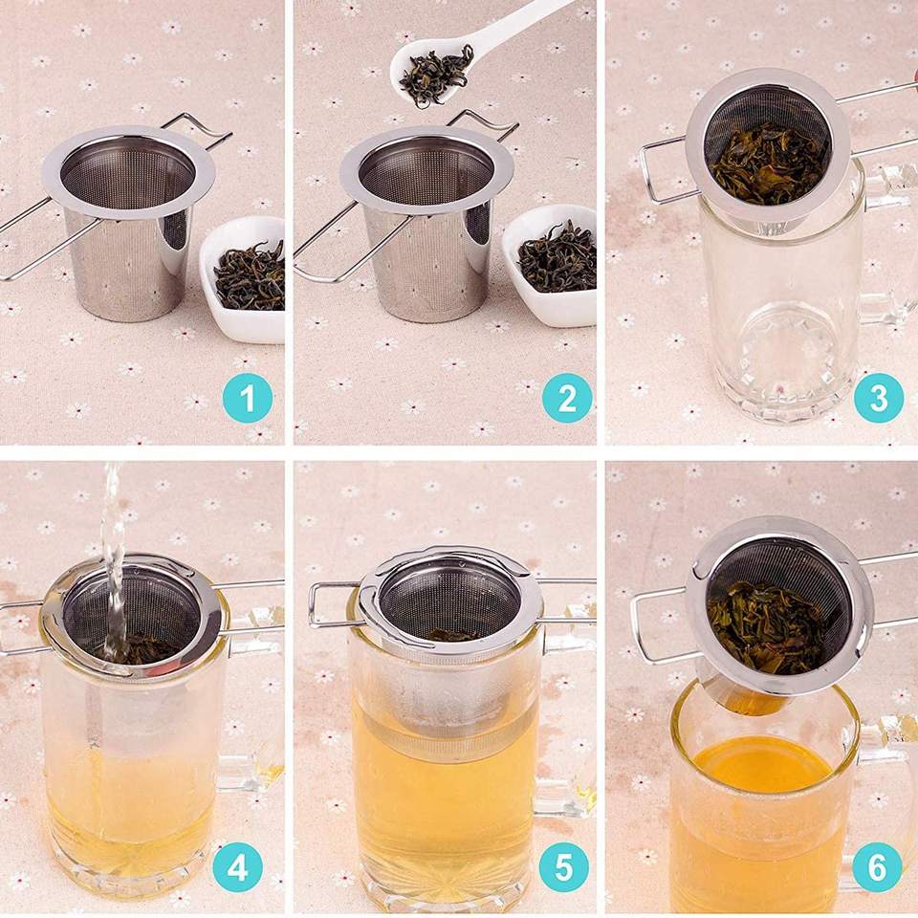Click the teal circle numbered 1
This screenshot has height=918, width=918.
point(247,398)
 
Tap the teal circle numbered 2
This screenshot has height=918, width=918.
point(567,398)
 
